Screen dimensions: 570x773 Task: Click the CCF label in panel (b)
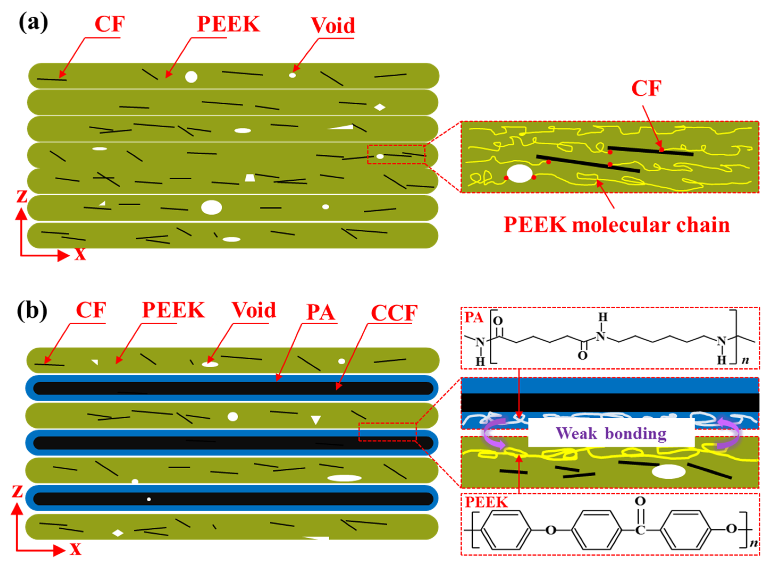394,313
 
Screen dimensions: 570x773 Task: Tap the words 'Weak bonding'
611,433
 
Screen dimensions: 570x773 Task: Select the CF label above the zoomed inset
646,88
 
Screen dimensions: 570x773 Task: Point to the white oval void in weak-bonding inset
669,472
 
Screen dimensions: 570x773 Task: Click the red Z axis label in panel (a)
22,196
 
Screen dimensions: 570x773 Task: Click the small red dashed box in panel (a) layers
396,154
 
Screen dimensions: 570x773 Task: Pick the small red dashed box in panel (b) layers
387,432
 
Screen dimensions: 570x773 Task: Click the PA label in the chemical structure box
474,317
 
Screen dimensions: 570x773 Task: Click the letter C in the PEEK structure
640,530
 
